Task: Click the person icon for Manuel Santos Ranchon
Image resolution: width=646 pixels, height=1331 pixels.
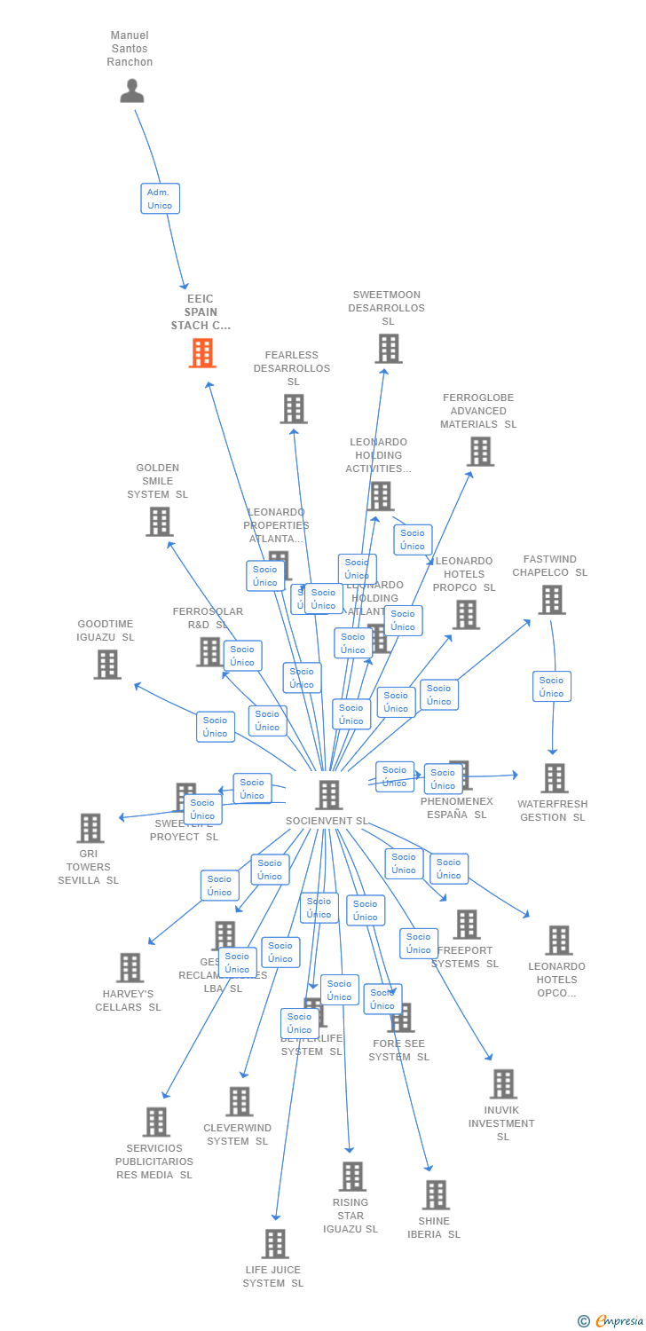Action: (x=131, y=91)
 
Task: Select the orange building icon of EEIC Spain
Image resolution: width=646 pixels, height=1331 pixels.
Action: (x=202, y=353)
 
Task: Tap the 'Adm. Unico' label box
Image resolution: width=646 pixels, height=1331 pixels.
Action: (x=160, y=199)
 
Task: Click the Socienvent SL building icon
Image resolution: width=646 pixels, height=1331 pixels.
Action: (x=328, y=794)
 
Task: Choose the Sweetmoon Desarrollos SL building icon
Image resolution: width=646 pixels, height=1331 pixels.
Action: (x=388, y=349)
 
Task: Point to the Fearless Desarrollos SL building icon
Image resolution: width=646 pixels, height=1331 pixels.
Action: (x=294, y=409)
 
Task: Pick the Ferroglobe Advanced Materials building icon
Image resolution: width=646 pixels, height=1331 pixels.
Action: (x=480, y=452)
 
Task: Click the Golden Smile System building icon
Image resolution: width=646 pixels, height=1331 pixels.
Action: (x=159, y=522)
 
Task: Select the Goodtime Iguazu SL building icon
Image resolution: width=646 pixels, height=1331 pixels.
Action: (x=107, y=664)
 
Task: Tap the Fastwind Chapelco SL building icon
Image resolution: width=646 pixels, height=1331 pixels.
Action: (x=551, y=600)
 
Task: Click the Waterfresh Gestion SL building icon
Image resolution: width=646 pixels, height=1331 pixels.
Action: (x=555, y=778)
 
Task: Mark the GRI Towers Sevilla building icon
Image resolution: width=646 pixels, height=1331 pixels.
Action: (x=90, y=828)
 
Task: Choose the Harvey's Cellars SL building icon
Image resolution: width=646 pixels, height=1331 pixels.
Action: (x=130, y=967)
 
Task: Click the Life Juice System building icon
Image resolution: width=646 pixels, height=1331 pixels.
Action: (x=275, y=1243)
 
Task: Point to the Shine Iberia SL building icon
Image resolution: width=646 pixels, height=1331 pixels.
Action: (x=436, y=1194)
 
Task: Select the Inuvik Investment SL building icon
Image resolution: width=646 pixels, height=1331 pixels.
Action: (x=503, y=1083)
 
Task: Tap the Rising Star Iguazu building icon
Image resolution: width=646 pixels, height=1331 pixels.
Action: (x=352, y=1176)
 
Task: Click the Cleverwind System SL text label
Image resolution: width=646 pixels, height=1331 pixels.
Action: (x=237, y=1135)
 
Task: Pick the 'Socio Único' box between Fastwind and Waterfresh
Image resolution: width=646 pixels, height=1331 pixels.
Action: (x=551, y=687)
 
